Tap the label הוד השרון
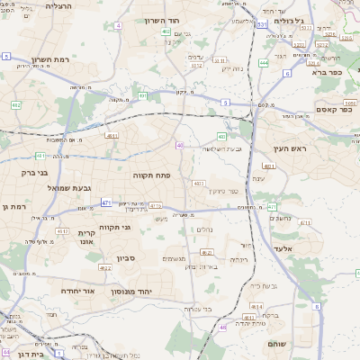pyautogui.click(x=162, y=20)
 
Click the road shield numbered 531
pyautogui.click(x=261, y=25)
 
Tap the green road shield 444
pyautogui.click(x=264, y=63)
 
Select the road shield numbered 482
pyautogui.click(x=15, y=104)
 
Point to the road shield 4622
pyautogui.click(x=105, y=267)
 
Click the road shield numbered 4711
pyautogui.click(x=305, y=222)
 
